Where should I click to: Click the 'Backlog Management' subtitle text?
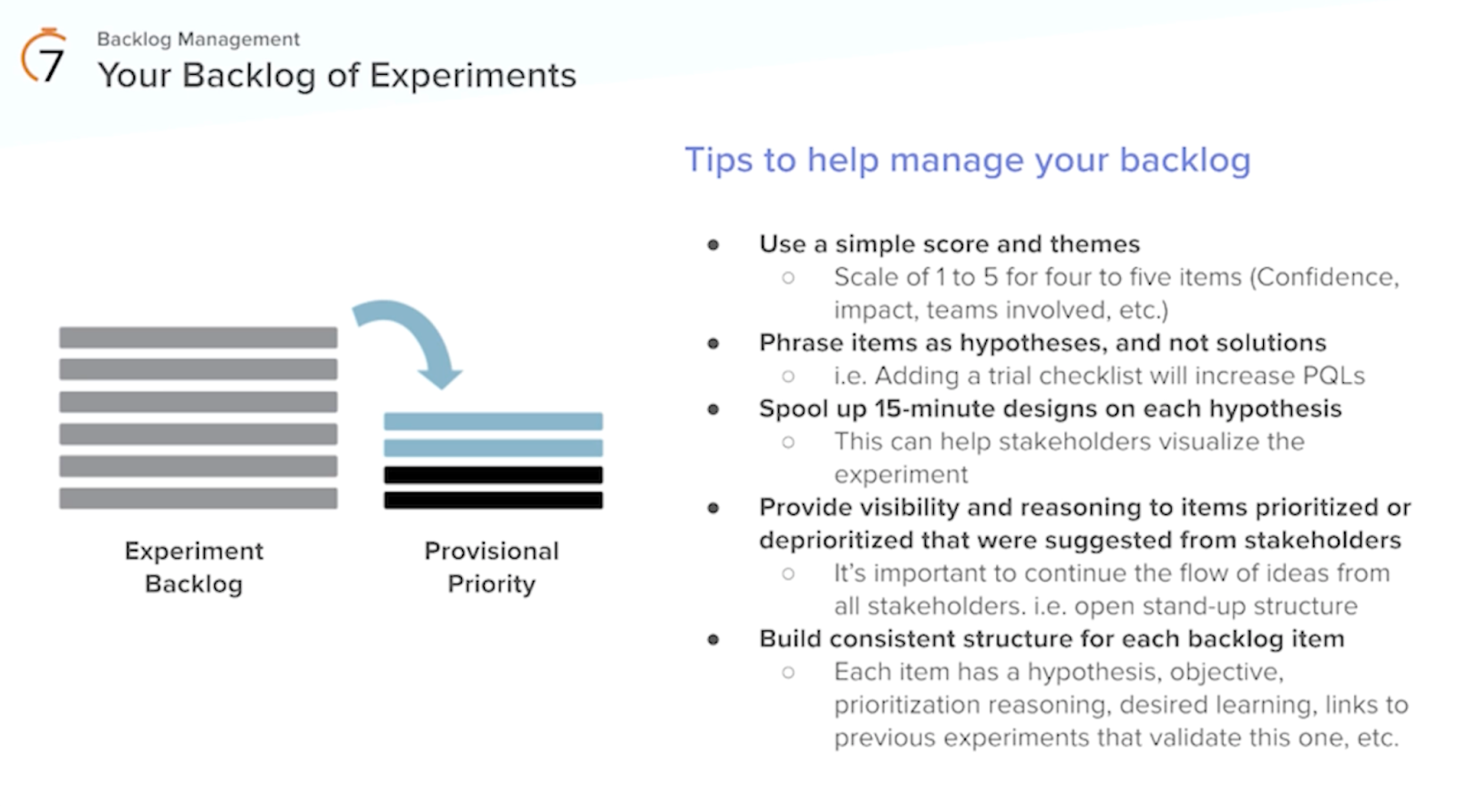[x=198, y=39]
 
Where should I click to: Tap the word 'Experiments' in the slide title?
[x=473, y=76]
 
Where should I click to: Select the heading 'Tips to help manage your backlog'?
[x=967, y=160]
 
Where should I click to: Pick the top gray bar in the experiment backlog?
[x=198, y=337]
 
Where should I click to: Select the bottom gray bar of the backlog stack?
[x=198, y=498]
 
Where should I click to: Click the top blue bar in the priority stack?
[x=493, y=421]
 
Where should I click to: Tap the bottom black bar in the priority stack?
[x=493, y=500]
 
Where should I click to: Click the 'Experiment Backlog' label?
[x=194, y=567]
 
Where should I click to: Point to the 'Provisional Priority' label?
[x=491, y=567]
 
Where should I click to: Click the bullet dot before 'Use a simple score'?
[x=714, y=244]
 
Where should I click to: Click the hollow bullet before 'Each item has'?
[x=788, y=673]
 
